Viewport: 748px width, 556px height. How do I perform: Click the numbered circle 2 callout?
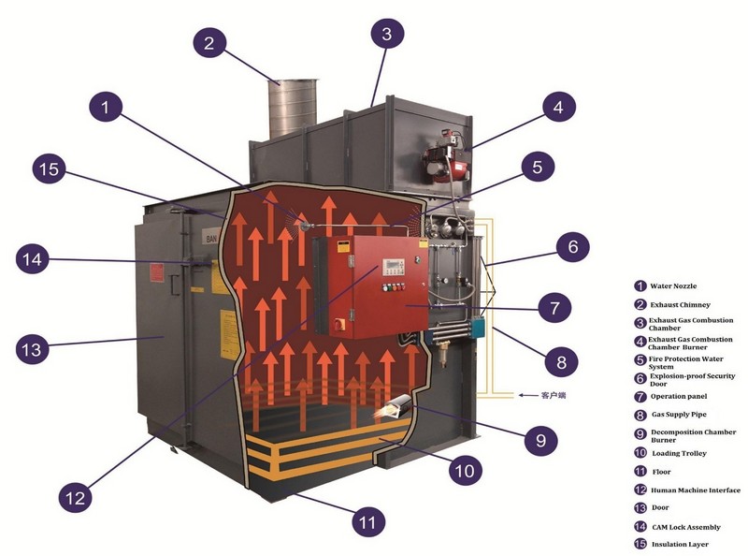coord(209,42)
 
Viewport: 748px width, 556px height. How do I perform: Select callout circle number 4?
coord(558,108)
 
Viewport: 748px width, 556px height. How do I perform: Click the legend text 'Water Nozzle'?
coord(672,285)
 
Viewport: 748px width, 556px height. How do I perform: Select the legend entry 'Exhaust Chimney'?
coord(680,304)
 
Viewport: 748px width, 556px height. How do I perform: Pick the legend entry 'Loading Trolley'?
coord(679,453)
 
